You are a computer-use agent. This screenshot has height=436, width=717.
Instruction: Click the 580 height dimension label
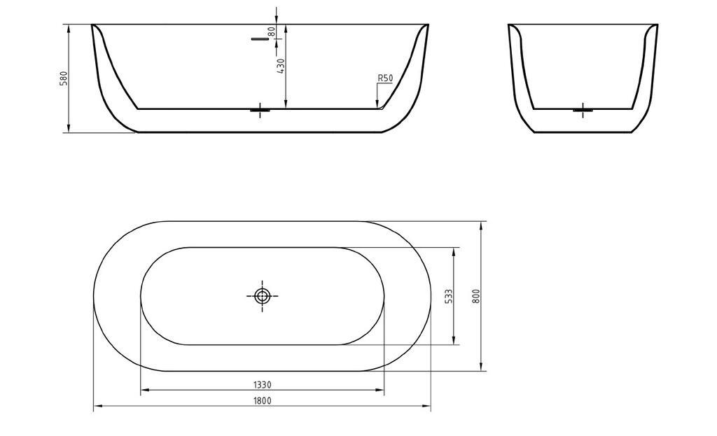click(64, 78)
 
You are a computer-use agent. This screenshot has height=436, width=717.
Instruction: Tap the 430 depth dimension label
click(281, 66)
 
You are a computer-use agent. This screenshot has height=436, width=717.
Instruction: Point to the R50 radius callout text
click(385, 78)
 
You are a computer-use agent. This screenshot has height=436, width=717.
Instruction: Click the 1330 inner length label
click(263, 385)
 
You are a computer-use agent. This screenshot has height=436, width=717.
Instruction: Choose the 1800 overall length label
click(263, 401)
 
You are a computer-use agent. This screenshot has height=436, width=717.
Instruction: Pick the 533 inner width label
click(449, 296)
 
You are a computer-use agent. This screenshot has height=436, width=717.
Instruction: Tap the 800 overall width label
click(476, 296)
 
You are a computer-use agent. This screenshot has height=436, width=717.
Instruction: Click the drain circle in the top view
click(263, 296)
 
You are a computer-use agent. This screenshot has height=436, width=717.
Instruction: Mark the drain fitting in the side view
click(260, 110)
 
